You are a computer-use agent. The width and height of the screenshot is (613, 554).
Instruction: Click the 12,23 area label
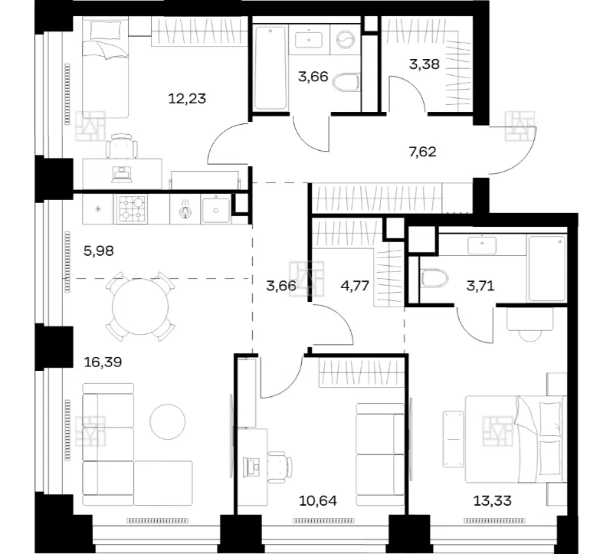point(187,99)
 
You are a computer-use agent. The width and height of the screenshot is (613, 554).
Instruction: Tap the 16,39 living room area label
point(103,362)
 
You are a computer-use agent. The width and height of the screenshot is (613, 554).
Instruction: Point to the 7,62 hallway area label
point(422,151)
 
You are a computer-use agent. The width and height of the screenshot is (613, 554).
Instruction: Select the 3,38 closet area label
point(425,64)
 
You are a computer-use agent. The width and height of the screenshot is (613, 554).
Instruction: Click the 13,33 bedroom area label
point(492,500)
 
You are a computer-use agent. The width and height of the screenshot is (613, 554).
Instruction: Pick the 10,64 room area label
point(318,500)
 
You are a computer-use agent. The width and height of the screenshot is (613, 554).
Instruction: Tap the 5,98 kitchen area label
point(99,251)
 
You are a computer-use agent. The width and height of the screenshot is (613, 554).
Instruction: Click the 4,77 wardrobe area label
point(355,286)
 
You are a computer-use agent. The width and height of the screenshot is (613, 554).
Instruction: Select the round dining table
point(140,307)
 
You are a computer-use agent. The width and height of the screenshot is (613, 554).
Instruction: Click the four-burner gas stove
point(130,209)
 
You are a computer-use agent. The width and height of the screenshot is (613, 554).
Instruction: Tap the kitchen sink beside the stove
point(216,209)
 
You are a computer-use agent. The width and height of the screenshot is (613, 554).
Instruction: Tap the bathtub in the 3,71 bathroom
point(546,269)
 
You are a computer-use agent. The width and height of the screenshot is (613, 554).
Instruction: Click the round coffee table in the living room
point(168,422)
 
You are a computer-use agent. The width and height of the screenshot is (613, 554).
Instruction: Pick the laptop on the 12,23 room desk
point(123,175)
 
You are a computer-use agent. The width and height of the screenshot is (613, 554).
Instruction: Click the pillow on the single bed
point(106,31)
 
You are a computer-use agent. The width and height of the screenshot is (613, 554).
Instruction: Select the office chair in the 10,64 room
point(280,464)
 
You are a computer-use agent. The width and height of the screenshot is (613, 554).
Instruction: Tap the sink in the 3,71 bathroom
point(482,245)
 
